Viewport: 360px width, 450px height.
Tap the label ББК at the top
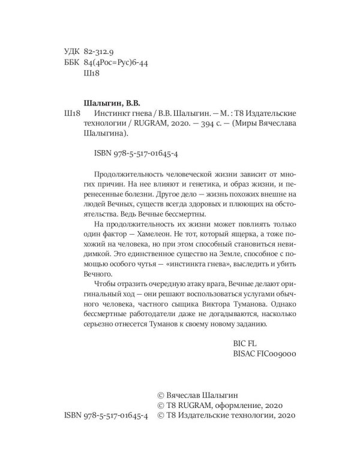point(71,63)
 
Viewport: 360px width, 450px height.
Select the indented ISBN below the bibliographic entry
point(134,154)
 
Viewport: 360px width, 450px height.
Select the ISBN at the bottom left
point(106,415)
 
